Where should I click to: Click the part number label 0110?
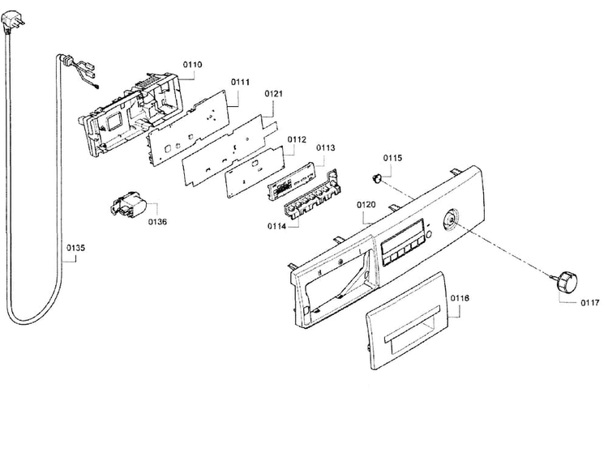[192, 64]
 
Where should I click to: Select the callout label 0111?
[241, 82]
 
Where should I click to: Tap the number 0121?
[274, 93]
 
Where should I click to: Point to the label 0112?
[297, 139]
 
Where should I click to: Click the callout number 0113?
[326, 147]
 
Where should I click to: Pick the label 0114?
[276, 226]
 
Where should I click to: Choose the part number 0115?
[393, 158]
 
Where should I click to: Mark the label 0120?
[366, 205]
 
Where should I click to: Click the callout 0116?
[460, 298]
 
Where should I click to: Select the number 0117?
[590, 303]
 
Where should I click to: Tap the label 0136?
[157, 222]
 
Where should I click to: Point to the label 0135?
[75, 248]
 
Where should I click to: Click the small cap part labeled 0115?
[375, 177]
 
